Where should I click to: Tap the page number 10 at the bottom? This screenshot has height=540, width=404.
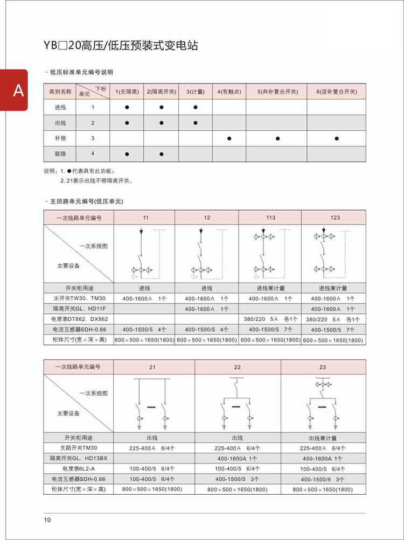[47, 520]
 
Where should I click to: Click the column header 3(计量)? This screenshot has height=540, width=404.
[196, 92]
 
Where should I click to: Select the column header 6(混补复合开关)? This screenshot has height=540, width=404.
[336, 92]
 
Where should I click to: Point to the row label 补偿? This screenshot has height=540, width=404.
[60, 138]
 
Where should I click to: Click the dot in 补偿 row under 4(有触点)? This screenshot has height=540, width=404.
[229, 138]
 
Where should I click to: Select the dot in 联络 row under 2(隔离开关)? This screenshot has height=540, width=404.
[161, 154]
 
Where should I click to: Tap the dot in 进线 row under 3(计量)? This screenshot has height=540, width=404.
[196, 108]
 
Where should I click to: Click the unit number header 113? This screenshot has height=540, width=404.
[270, 218]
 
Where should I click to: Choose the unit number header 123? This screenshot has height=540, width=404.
[335, 218]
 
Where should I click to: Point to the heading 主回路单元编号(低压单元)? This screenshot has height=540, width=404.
[87, 201]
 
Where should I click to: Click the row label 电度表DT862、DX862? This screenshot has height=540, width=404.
[79, 319]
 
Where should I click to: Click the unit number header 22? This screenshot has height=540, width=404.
[238, 367]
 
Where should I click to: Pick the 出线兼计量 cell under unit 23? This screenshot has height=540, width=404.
[323, 438]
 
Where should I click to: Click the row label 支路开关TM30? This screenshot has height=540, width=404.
[79, 448]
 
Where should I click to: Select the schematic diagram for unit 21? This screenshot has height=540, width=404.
[152, 404]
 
